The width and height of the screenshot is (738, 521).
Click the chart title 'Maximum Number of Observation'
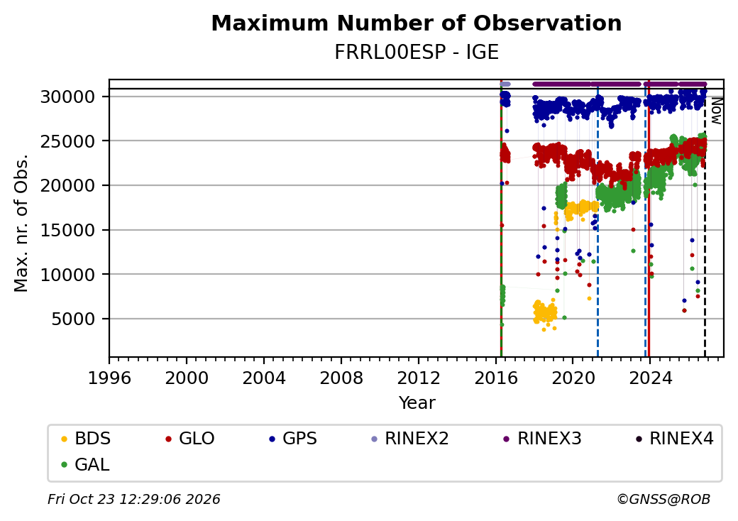(x=416, y=23)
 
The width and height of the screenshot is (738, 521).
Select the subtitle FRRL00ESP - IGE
(x=416, y=53)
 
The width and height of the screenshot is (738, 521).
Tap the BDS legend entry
(x=86, y=439)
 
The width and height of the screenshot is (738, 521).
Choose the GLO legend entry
(x=190, y=439)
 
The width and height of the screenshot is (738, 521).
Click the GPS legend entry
(x=293, y=439)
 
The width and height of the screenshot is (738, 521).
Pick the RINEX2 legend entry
(x=410, y=439)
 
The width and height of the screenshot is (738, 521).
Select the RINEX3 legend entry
(x=543, y=439)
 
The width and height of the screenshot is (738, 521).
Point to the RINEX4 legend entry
(x=674, y=439)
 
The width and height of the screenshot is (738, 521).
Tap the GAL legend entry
(x=86, y=464)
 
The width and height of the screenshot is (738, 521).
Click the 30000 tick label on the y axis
(x=67, y=97)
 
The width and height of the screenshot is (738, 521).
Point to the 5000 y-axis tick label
(x=73, y=319)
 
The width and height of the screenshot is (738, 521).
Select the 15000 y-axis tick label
(x=67, y=230)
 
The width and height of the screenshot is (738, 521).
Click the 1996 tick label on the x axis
(x=109, y=378)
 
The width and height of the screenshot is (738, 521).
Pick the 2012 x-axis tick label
(x=419, y=378)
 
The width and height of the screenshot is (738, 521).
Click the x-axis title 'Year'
(x=417, y=403)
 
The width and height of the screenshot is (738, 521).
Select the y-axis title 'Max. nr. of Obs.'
(x=21, y=223)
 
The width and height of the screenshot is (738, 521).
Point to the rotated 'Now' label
(x=716, y=111)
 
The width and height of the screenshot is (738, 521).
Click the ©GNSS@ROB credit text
(x=663, y=499)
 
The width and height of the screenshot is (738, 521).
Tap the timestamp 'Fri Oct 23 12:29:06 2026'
(x=134, y=499)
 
